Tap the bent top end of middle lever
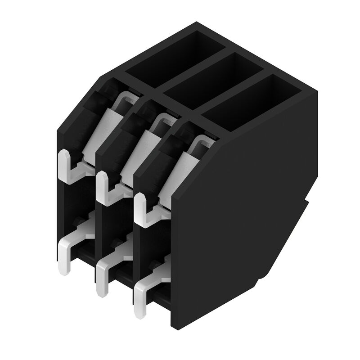[x=165, y=120]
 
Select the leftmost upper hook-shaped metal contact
[x=67, y=169]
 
